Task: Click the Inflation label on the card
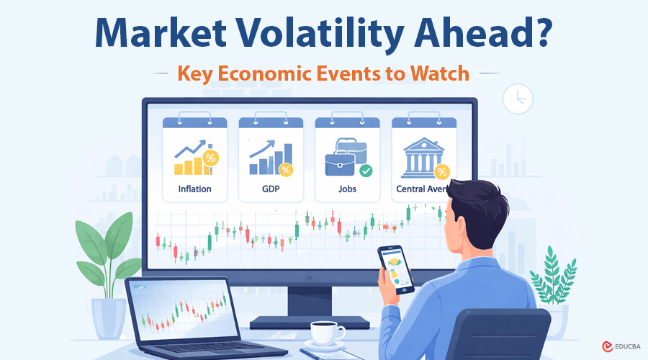(195, 189)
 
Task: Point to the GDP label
(271, 189)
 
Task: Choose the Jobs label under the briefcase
(347, 189)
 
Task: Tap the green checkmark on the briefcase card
(366, 171)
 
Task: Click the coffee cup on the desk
(327, 333)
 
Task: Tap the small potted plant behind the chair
(551, 281)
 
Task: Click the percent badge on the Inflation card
(210, 158)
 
